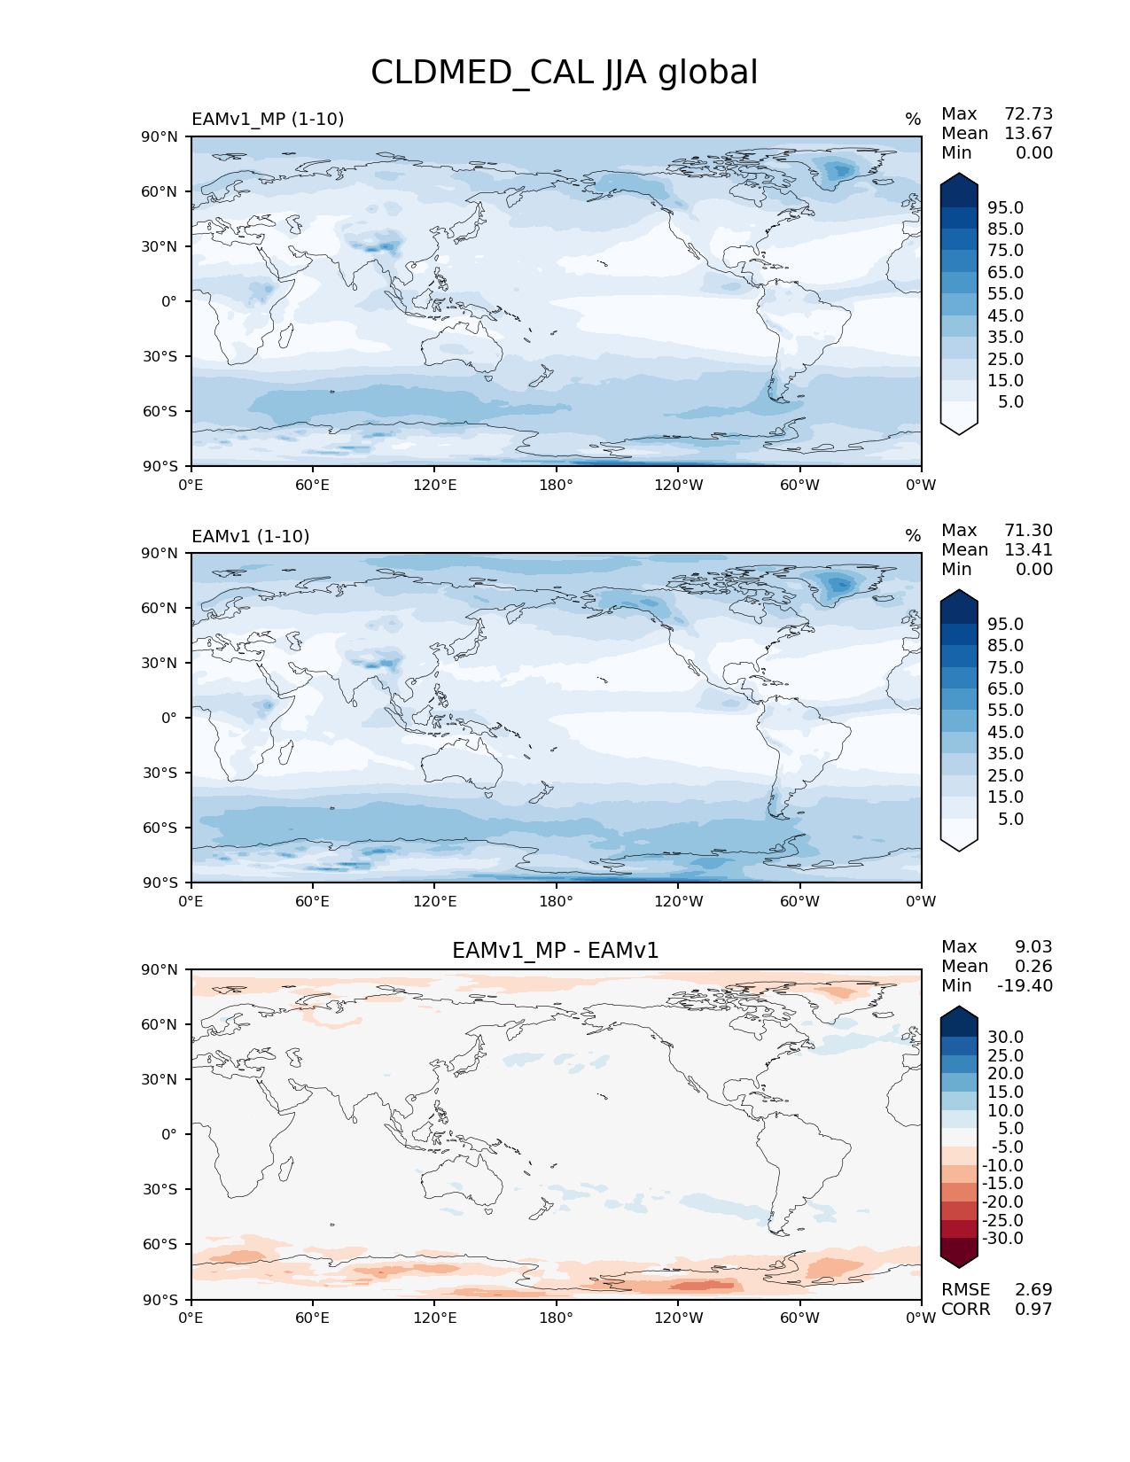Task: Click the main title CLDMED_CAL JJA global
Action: point(564,73)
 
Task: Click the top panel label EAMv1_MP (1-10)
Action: point(268,119)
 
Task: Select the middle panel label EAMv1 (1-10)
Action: point(250,536)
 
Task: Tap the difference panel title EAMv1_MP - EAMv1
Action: point(556,951)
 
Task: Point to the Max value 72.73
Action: point(1028,113)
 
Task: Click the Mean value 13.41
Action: point(1028,549)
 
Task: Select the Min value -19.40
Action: point(1025,985)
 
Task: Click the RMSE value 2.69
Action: point(1033,1289)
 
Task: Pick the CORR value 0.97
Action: point(1033,1309)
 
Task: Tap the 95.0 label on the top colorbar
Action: point(1005,207)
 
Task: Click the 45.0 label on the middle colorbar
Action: point(1005,732)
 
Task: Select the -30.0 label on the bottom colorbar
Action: point(1002,1238)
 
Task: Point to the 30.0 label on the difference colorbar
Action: point(1005,1037)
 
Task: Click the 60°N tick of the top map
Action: point(160,191)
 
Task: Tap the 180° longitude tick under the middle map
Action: point(556,901)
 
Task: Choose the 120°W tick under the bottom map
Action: point(678,1318)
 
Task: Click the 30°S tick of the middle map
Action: point(160,773)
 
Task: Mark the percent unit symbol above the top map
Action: point(913,120)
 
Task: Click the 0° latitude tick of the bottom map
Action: point(168,1134)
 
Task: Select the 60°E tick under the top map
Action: point(312,485)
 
